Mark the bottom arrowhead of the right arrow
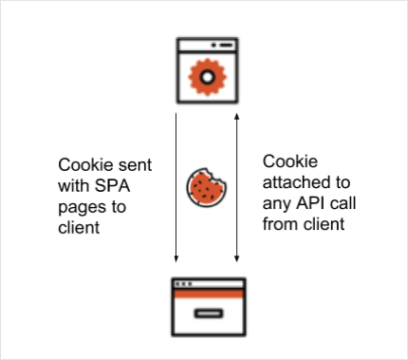point(236,256)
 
